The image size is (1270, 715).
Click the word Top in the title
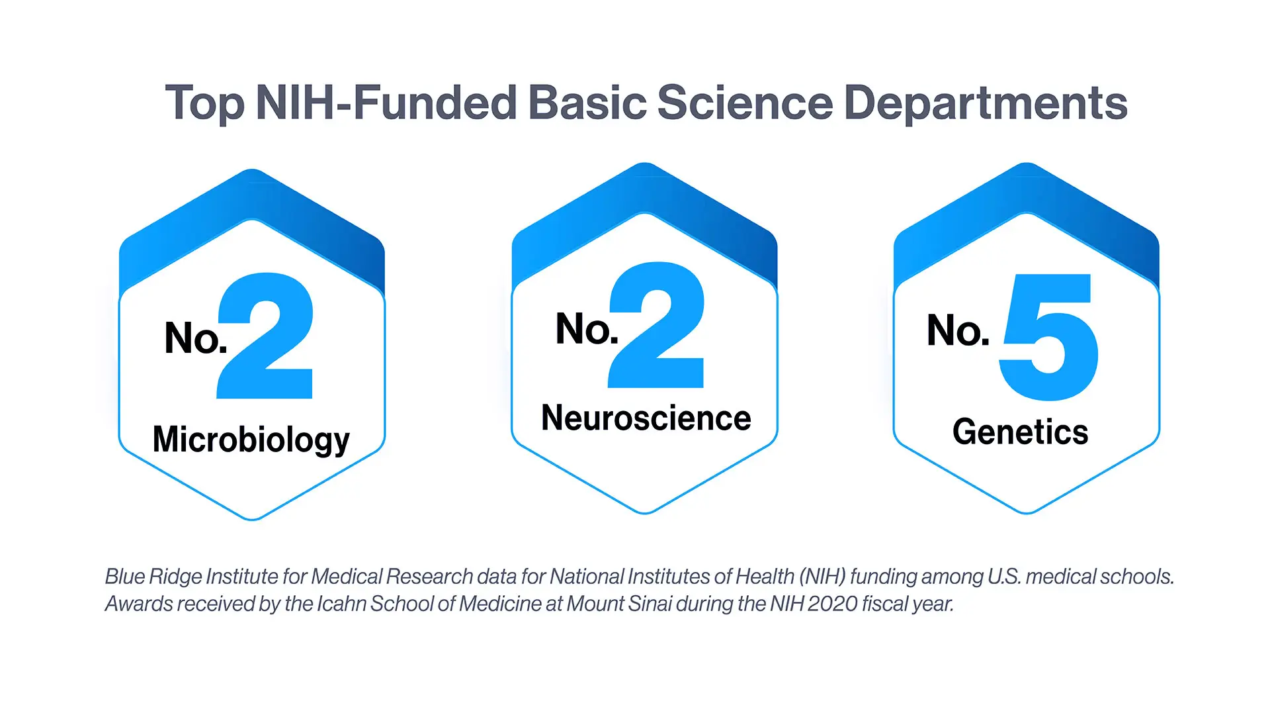pos(205,104)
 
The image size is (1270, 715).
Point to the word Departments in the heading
pos(986,103)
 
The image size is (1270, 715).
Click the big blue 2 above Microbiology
pos(265,336)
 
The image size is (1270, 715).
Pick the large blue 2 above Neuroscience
pos(656,325)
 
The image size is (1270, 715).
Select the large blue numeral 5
pos(1048,337)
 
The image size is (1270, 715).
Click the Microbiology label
pos(251,440)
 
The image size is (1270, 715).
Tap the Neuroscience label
pos(646,418)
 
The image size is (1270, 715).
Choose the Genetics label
pos(1020,432)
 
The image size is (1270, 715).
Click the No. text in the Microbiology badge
pos(196,338)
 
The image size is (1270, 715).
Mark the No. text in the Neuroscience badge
pos(587,328)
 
